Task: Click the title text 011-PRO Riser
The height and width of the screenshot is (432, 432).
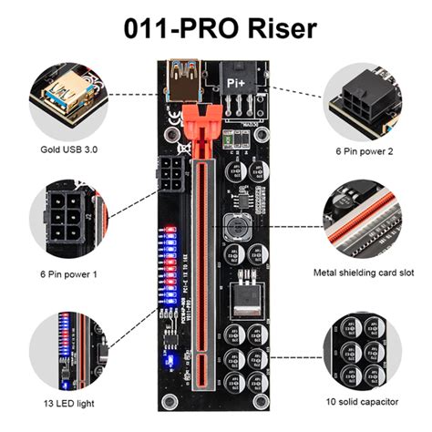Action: coord(215,27)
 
